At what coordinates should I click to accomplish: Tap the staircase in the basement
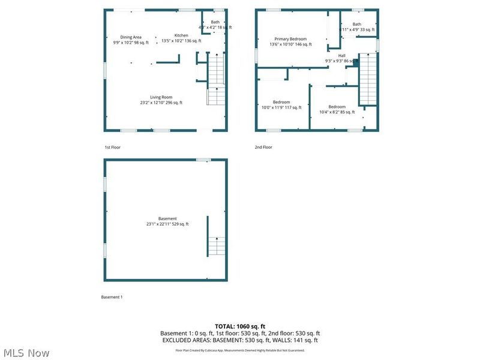pos(217,245)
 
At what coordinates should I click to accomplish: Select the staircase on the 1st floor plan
pos(216,79)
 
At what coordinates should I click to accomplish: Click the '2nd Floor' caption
pos(263,147)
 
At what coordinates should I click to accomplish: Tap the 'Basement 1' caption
pos(112,297)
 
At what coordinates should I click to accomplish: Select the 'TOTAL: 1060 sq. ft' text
pos(240,326)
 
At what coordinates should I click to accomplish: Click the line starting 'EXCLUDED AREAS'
pos(240,340)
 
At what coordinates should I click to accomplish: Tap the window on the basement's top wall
pos(203,160)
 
